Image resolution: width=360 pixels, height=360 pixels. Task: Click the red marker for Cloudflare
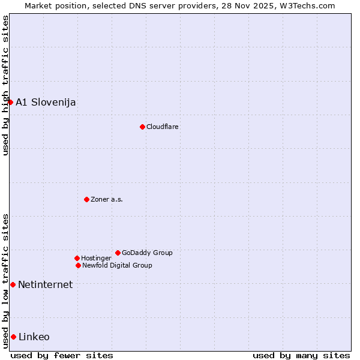pyautogui.click(x=142, y=127)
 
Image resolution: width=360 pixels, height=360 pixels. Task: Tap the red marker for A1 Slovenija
pyautogui.click(x=10, y=102)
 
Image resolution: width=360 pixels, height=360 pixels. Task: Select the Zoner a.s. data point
pyautogui.click(x=86, y=199)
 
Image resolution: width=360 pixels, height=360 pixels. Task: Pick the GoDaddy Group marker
pyautogui.click(x=118, y=253)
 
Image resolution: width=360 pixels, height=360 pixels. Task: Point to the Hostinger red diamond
pyautogui.click(x=77, y=258)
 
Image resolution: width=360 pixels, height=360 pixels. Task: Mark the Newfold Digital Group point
pyautogui.click(x=78, y=265)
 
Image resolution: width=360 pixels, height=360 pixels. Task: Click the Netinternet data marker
pyautogui.click(x=13, y=284)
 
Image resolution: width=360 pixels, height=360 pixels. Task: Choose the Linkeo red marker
pyautogui.click(x=13, y=337)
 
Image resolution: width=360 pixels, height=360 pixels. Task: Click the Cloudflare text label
pyautogui.click(x=163, y=127)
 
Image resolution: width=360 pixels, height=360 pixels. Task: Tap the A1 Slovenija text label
pyautogui.click(x=46, y=102)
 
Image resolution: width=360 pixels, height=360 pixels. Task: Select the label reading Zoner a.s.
pyautogui.click(x=107, y=199)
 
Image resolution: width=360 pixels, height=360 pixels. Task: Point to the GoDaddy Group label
pyautogui.click(x=147, y=253)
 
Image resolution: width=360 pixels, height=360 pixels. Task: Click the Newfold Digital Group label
pyautogui.click(x=117, y=265)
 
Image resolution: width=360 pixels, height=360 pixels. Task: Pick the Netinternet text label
pyautogui.click(x=45, y=284)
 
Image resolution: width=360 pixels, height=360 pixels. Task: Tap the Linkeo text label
pyautogui.click(x=34, y=337)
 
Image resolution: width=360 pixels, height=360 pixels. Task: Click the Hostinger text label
pyautogui.click(x=96, y=258)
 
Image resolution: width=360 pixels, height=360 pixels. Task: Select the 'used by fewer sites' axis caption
pyautogui.click(x=62, y=355)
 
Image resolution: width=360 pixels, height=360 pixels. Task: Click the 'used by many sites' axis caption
pyautogui.click(x=301, y=355)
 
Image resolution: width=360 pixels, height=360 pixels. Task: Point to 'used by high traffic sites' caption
pyautogui.click(x=5, y=85)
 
